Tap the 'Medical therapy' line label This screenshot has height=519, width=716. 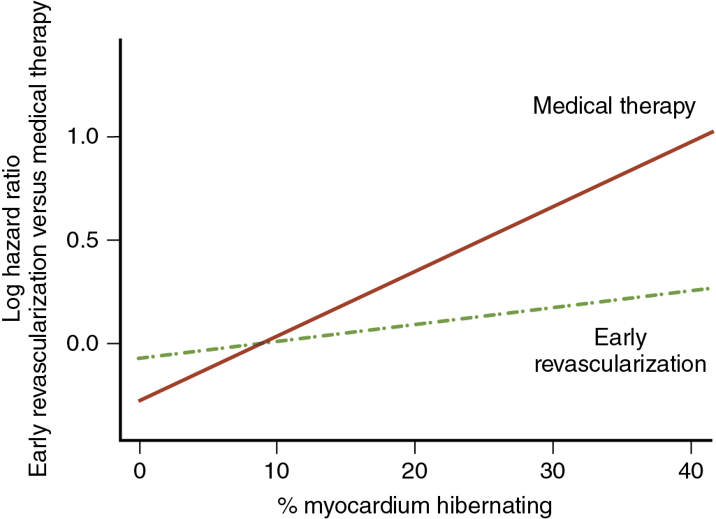click(x=614, y=106)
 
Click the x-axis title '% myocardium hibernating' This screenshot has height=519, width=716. click(x=415, y=504)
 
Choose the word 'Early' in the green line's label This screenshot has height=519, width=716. click(x=620, y=338)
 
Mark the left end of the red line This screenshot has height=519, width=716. click(x=140, y=401)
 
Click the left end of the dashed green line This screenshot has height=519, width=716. click(x=140, y=359)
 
